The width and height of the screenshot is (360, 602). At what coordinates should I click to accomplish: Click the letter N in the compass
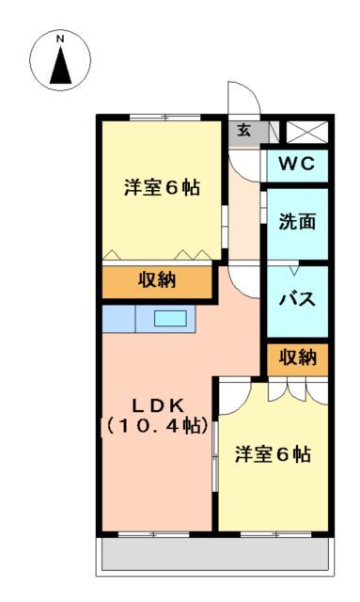(59, 40)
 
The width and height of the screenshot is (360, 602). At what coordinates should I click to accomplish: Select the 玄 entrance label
(243, 131)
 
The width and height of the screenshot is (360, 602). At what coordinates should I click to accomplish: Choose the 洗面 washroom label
(296, 223)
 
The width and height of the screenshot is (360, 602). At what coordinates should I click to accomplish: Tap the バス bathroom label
(296, 300)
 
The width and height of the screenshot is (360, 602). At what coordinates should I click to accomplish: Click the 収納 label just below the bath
(296, 356)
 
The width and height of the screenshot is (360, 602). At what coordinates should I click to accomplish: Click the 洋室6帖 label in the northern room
(161, 187)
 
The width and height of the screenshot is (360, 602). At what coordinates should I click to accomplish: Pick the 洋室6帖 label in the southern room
(273, 454)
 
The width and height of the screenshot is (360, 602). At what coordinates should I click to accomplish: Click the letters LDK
(157, 405)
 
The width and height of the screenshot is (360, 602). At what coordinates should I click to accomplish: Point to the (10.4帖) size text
(157, 426)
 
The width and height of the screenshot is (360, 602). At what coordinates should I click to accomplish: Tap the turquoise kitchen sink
(170, 319)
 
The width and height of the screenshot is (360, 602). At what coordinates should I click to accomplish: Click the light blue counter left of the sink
(118, 319)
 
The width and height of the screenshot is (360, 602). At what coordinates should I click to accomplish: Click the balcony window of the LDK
(147, 533)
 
